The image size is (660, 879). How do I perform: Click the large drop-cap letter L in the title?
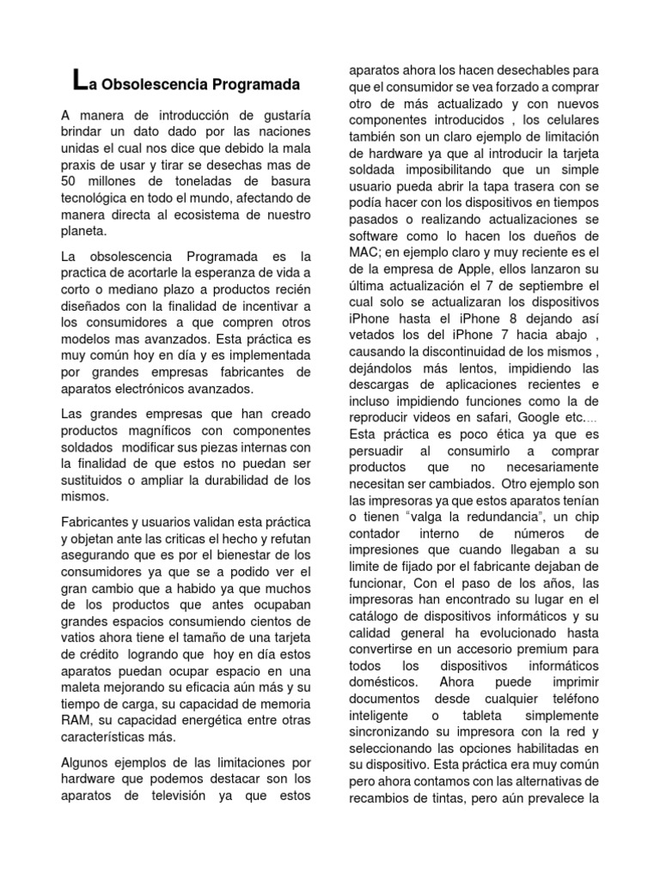[x=80, y=82]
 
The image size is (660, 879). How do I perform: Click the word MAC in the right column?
[x=361, y=251]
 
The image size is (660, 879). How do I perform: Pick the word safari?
[x=497, y=417]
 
